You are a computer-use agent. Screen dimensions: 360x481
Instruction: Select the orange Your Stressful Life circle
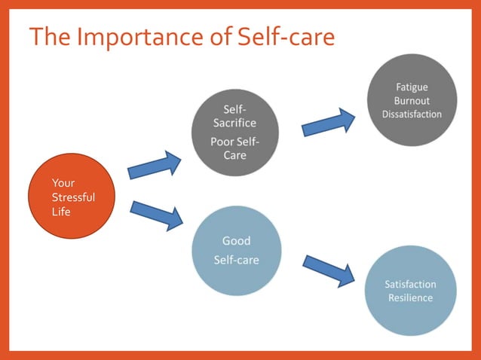(x=72, y=197)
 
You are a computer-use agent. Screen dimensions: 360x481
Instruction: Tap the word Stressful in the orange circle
(x=73, y=197)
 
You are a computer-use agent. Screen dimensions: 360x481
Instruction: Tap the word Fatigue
(x=412, y=87)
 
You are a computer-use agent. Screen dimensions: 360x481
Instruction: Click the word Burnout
(x=412, y=101)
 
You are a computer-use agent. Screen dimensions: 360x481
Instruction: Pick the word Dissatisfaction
(x=412, y=114)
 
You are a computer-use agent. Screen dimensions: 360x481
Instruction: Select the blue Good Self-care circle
(x=236, y=251)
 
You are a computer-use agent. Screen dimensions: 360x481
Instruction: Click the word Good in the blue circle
(x=236, y=241)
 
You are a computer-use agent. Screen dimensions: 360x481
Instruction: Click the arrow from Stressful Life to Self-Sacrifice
(x=155, y=165)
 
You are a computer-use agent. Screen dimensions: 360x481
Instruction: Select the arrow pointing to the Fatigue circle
(x=329, y=122)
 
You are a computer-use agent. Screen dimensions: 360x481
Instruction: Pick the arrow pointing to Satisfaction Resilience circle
(x=329, y=270)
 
